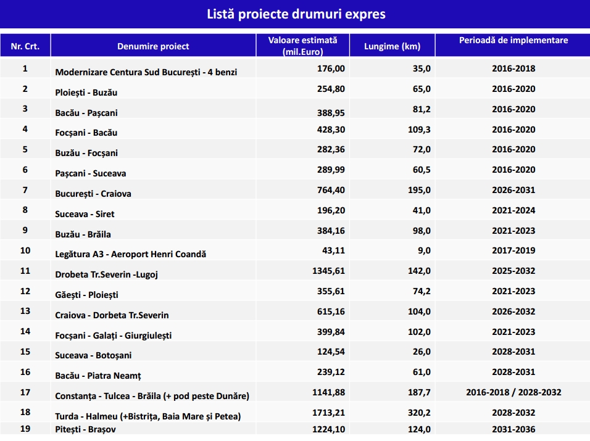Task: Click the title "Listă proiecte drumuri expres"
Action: [295, 14]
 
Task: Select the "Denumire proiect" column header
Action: [153, 46]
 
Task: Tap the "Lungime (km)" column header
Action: [393, 46]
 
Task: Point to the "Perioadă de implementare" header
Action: [513, 41]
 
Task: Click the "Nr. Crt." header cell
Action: [25, 46]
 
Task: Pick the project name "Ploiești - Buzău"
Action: [86, 93]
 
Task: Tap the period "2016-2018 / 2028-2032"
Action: [513, 392]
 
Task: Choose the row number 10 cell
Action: [25, 250]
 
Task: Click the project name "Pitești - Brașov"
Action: [86, 430]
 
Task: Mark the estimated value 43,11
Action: [333, 250]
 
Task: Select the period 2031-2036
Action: [513, 429]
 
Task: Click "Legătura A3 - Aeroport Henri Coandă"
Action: [131, 254]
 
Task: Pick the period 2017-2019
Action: [513, 250]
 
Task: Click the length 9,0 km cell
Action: [422, 250]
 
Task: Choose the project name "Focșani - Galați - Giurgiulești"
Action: [114, 336]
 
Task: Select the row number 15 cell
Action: [25, 352]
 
